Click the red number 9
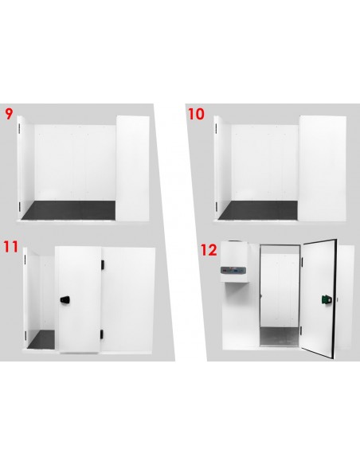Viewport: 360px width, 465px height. pyautogui.click(x=9, y=114)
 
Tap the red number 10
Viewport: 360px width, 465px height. pyautogui.click(x=196, y=114)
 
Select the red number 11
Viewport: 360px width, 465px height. pyautogui.click(x=11, y=247)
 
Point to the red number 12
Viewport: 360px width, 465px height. pyautogui.click(x=209, y=250)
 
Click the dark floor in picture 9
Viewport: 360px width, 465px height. pyautogui.click(x=68, y=210)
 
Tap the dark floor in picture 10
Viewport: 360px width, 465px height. pyautogui.click(x=258, y=210)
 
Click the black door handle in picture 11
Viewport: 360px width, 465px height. pyautogui.click(x=65, y=300)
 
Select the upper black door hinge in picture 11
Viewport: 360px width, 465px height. pyautogui.click(x=102, y=264)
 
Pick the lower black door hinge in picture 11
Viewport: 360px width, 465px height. pyautogui.click(x=102, y=334)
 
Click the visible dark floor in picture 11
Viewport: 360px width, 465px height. pyautogui.click(x=41, y=339)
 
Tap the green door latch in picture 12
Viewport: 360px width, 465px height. pyautogui.click(x=327, y=299)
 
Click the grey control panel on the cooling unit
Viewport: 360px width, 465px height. pyautogui.click(x=233, y=271)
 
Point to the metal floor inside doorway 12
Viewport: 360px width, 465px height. pyautogui.click(x=279, y=336)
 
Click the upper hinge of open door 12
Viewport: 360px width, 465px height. pyautogui.click(x=302, y=261)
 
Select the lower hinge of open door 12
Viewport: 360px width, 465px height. pyautogui.click(x=301, y=330)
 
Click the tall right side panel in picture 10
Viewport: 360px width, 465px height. pyautogui.click(x=322, y=168)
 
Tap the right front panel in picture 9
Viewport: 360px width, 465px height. pyautogui.click(x=132, y=168)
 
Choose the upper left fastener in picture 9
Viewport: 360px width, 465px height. pyautogui.click(x=20, y=128)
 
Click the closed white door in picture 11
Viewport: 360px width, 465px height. pyautogui.click(x=79, y=299)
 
